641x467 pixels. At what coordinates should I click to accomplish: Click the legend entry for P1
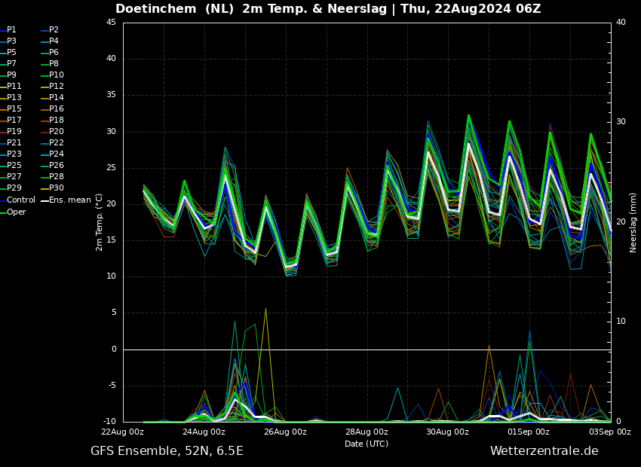click(x=11, y=30)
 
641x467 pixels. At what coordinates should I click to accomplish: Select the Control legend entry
click(x=20, y=200)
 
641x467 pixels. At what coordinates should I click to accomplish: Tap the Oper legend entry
click(x=16, y=212)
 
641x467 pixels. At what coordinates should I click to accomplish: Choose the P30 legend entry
click(x=56, y=188)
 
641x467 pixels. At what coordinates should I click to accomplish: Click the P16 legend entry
click(x=56, y=109)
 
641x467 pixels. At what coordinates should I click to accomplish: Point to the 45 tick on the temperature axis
click(x=111, y=23)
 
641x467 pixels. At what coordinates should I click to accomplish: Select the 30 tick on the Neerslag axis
click(x=621, y=122)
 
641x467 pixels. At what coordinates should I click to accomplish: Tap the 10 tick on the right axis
click(x=621, y=322)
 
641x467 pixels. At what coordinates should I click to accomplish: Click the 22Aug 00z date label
click(x=123, y=432)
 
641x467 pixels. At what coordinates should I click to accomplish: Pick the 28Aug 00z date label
click(x=367, y=432)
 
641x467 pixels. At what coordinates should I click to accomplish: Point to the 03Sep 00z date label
click(x=610, y=432)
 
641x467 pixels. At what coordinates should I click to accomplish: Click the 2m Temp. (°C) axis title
click(x=100, y=222)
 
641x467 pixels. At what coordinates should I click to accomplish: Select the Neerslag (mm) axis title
click(x=633, y=222)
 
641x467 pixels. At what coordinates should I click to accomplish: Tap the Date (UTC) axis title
click(x=367, y=444)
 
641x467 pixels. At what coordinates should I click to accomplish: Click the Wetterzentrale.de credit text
click(x=544, y=451)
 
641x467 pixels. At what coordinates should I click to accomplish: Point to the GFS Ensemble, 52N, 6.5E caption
click(x=167, y=451)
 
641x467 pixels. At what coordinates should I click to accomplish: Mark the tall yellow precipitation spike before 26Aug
click(x=265, y=309)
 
